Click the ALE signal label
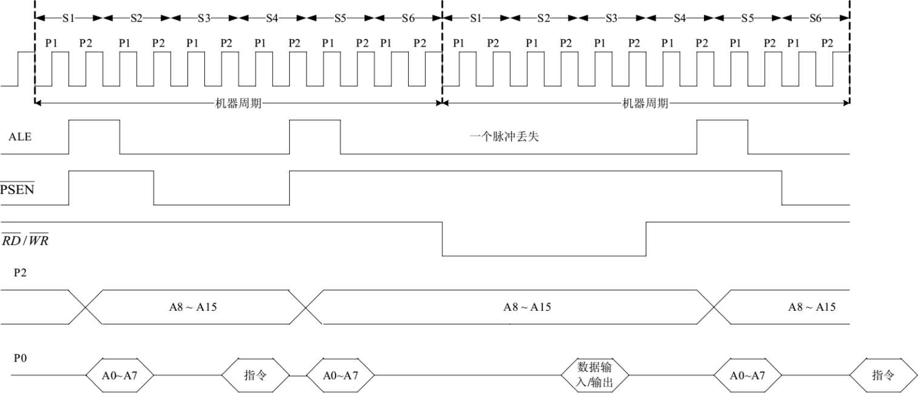click(19, 137)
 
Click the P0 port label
click(21, 358)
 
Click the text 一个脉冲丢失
click(504, 137)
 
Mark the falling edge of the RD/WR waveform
click(443, 239)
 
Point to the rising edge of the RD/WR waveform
click(646, 239)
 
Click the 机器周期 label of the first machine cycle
click(239, 103)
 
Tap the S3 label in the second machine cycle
click(611, 18)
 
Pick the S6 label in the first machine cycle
click(408, 18)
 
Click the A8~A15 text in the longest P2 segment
click(527, 307)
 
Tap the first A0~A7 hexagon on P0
click(119, 375)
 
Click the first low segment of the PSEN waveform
click(221, 204)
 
